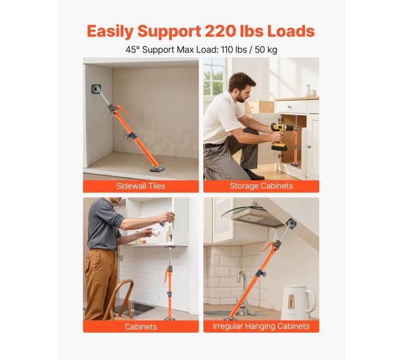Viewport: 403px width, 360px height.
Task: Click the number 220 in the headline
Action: [x=220, y=31]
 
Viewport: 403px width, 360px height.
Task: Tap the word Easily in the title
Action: [x=110, y=32]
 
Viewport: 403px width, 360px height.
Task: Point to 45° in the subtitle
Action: [x=133, y=50]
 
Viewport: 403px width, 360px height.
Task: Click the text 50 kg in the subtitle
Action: [x=266, y=50]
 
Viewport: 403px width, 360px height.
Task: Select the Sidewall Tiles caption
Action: [x=141, y=186]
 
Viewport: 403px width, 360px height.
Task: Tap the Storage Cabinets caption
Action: [x=261, y=186]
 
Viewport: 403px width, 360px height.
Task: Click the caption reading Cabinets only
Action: [x=141, y=327]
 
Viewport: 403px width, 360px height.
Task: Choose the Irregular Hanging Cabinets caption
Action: [x=261, y=326]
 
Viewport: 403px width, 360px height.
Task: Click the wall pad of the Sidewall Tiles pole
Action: [x=96, y=89]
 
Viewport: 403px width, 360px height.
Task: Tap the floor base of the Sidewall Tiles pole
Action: [x=157, y=169]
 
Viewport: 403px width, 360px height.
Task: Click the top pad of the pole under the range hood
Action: [x=290, y=224]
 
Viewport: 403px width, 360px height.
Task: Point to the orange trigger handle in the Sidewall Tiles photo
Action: [x=122, y=109]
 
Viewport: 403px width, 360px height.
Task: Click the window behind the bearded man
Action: [x=214, y=76]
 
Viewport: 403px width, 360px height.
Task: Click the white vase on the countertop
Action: [x=308, y=90]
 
